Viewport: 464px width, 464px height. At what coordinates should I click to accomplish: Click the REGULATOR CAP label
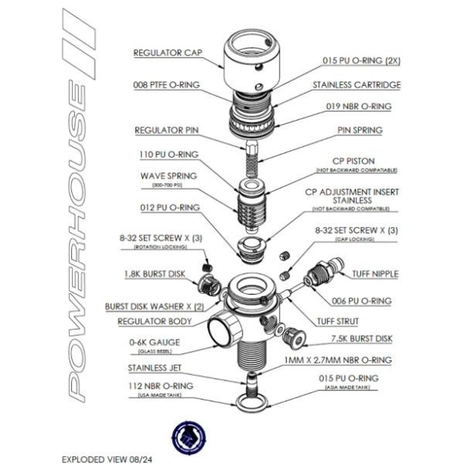[166, 53]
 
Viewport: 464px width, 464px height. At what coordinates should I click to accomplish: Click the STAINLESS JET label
[157, 368]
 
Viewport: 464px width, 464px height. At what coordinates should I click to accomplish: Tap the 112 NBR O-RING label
[156, 386]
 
